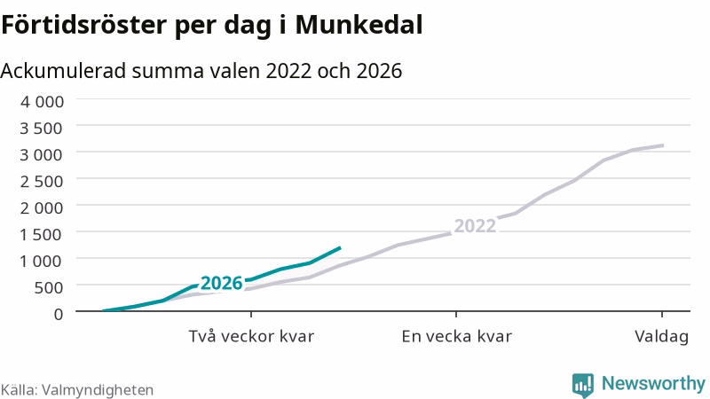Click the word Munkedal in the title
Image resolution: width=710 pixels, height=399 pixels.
click(x=359, y=25)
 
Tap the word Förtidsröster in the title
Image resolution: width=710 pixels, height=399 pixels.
click(x=84, y=25)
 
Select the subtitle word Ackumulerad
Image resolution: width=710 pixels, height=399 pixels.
click(x=63, y=71)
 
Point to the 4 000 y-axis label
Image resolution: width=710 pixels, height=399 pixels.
click(x=42, y=101)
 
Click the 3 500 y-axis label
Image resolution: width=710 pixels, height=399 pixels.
click(x=42, y=128)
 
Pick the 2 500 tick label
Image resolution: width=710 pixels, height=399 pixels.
click(x=42, y=182)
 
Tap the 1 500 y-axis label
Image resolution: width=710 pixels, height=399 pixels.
click(x=42, y=234)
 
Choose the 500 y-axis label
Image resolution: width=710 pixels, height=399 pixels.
click(x=50, y=287)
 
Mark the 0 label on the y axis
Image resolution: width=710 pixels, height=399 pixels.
click(x=59, y=314)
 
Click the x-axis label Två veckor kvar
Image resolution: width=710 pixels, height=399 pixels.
click(x=251, y=337)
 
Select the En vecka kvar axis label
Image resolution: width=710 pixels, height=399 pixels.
click(x=456, y=337)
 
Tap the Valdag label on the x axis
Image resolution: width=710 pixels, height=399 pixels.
click(x=661, y=337)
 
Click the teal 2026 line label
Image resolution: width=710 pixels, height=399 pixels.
click(x=222, y=283)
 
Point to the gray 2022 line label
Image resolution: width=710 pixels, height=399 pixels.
click(x=475, y=226)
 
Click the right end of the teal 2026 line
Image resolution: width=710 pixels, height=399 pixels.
click(x=340, y=247)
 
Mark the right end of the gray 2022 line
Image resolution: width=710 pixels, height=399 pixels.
click(x=663, y=145)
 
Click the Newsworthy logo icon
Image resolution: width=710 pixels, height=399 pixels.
click(x=583, y=385)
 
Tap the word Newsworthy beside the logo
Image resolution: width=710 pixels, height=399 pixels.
click(x=653, y=384)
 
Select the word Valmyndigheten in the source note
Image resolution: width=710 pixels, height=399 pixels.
click(x=98, y=390)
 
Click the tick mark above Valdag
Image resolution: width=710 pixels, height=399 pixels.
click(x=662, y=315)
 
